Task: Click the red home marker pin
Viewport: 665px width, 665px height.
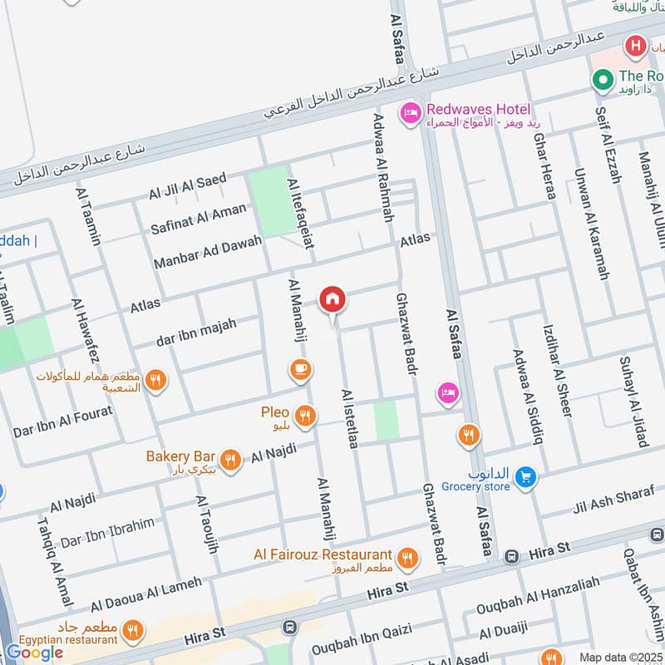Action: click(x=332, y=299)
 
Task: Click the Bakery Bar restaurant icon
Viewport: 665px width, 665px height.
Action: click(x=230, y=459)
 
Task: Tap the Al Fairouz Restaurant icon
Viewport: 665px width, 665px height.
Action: click(x=406, y=557)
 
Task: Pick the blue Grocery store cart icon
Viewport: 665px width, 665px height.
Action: click(x=524, y=476)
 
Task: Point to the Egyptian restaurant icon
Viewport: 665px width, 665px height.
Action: click(x=131, y=631)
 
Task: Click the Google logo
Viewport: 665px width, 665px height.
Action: click(x=35, y=653)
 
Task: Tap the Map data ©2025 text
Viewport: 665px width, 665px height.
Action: click(x=620, y=657)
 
